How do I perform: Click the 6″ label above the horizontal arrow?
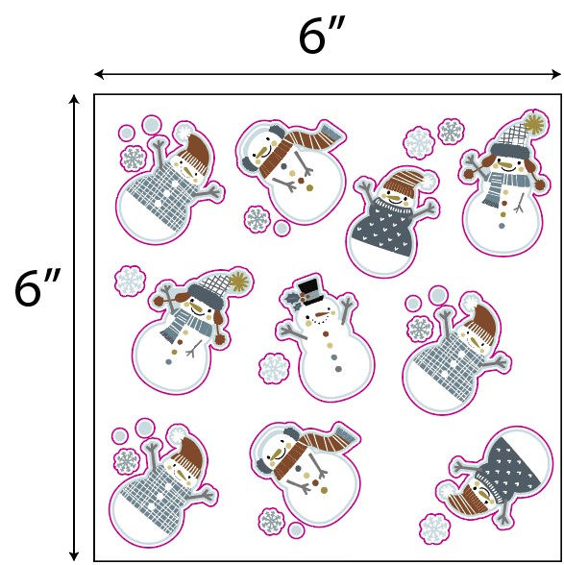point(322,36)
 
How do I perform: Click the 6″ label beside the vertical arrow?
point(37,286)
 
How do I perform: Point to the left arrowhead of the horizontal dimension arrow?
point(100,75)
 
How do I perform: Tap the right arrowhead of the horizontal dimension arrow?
point(555,75)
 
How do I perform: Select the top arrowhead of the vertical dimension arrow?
point(74,101)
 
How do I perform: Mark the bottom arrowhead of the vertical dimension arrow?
point(74,555)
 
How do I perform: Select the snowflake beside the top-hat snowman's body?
point(274,368)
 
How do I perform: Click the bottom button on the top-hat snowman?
point(338,369)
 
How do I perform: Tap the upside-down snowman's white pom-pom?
point(446,493)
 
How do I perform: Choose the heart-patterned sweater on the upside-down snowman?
point(507,466)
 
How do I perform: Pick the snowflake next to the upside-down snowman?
point(434,528)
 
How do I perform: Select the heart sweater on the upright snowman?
point(382,227)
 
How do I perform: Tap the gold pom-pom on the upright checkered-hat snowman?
point(535,123)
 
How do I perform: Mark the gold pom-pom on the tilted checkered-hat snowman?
point(238,281)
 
